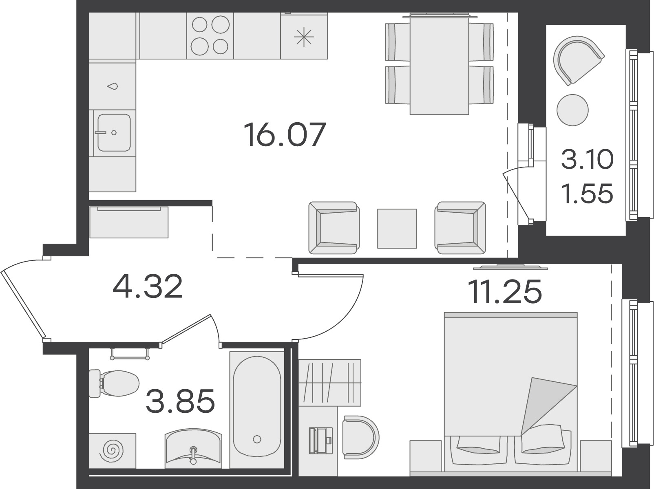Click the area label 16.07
285,135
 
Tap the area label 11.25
505,291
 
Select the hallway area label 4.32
148,286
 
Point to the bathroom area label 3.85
180,401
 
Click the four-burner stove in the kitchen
210,36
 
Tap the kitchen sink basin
114,132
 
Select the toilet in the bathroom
114,383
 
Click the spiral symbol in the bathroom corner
112,451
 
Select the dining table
439,64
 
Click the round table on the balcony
572,110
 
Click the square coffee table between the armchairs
397,229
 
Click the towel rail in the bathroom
130,354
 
